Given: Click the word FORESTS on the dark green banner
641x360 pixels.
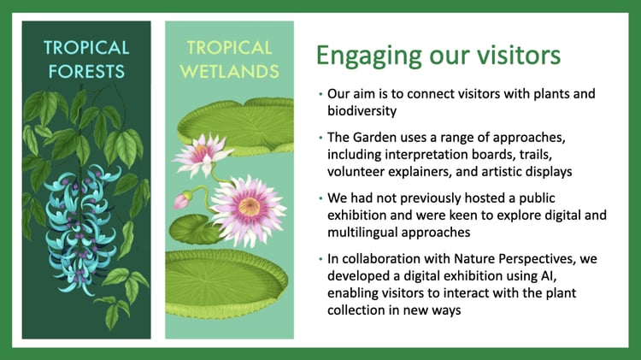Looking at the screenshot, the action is coord(86,72).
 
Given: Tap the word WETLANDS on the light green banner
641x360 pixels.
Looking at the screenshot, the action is coord(230,72).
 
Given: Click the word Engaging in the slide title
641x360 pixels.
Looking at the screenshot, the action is coord(368,56).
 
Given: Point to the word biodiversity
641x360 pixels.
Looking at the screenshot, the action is coord(362,111).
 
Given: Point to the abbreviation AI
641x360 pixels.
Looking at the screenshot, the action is coord(548,276).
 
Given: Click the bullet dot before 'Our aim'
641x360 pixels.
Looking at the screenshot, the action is coord(320,94).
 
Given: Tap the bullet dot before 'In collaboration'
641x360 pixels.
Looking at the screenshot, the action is coord(320,259).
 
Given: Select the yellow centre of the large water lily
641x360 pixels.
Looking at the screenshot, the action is coord(249,207).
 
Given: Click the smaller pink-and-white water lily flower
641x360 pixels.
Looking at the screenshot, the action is coord(203,155).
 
